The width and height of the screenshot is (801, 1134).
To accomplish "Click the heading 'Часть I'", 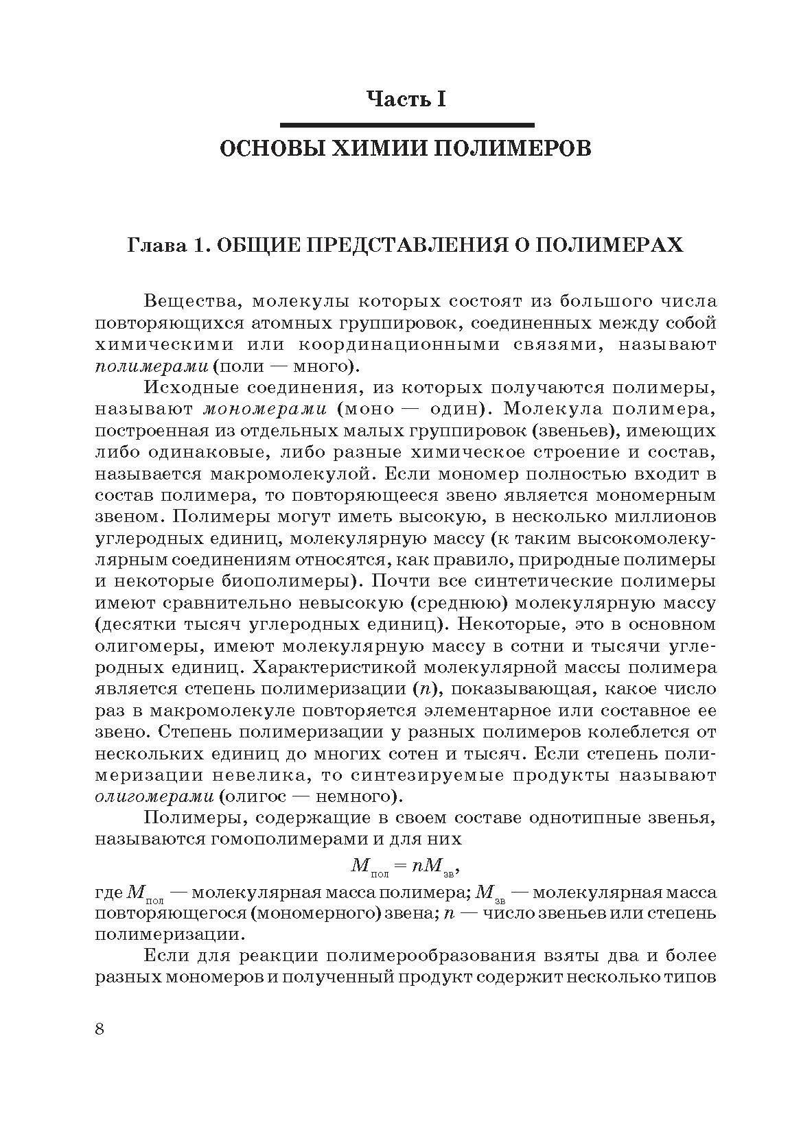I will pyautogui.click(x=406, y=99).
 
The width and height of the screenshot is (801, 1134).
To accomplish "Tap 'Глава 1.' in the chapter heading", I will pyautogui.click(x=167, y=246).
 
